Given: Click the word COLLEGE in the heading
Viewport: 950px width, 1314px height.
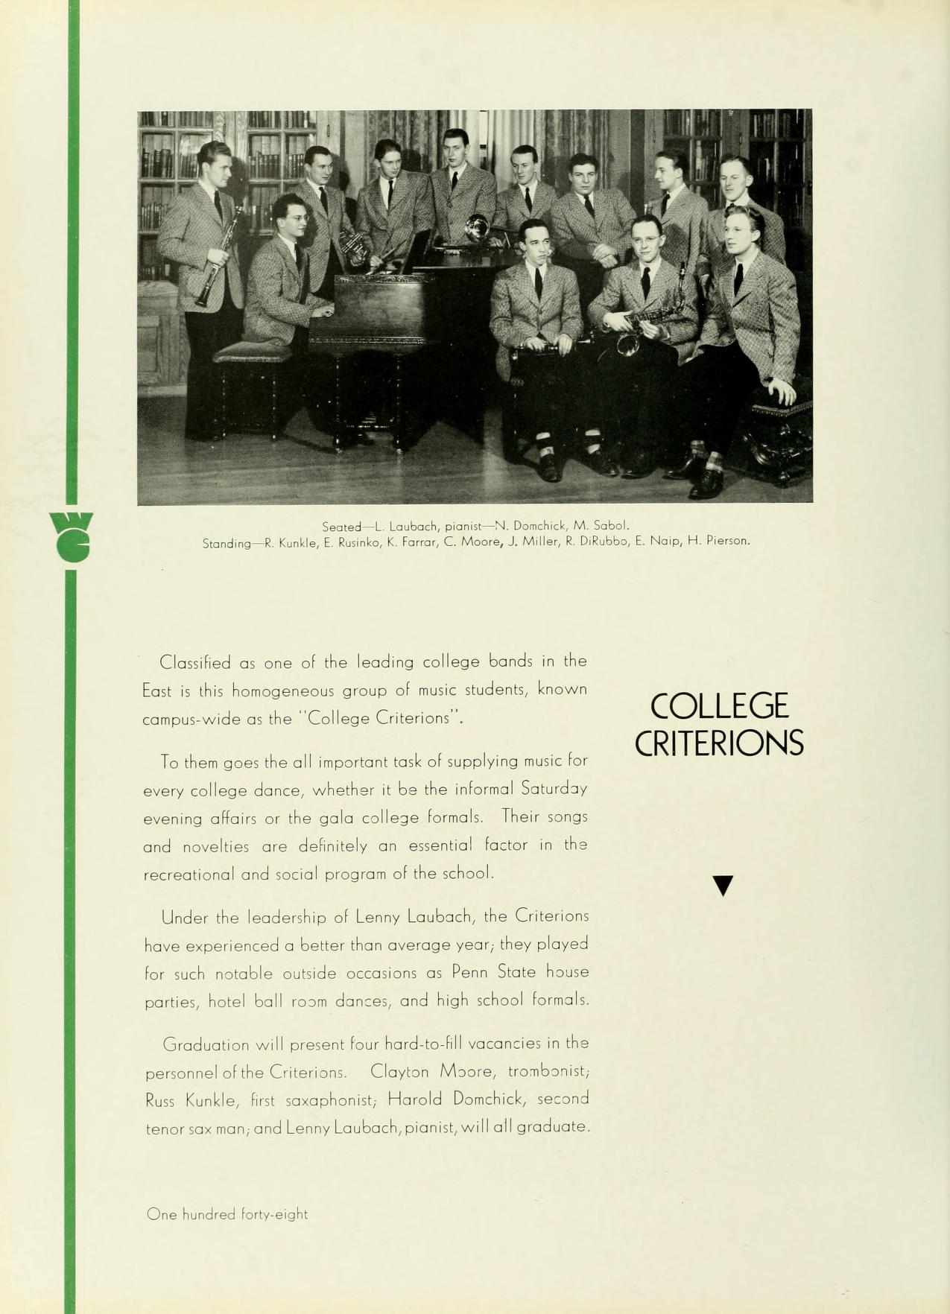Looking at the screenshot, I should click(x=718, y=706).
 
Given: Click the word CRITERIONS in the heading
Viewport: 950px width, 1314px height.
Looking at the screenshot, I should click(x=719, y=743).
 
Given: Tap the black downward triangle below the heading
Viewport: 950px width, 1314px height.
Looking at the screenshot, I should click(x=723, y=886).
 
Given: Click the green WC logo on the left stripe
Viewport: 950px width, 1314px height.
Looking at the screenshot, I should click(x=72, y=536).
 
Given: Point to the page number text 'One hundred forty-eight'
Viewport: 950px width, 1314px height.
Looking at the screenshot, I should click(x=227, y=1214).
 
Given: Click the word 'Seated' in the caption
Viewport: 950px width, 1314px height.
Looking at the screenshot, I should click(x=341, y=527).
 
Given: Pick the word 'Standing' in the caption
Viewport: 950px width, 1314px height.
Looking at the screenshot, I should click(x=227, y=544).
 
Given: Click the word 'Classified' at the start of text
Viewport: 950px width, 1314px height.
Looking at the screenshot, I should click(x=195, y=662).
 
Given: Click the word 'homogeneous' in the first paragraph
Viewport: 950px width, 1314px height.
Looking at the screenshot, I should click(x=283, y=691).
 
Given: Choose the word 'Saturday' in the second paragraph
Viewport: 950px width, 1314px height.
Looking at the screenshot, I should click(x=554, y=788).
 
